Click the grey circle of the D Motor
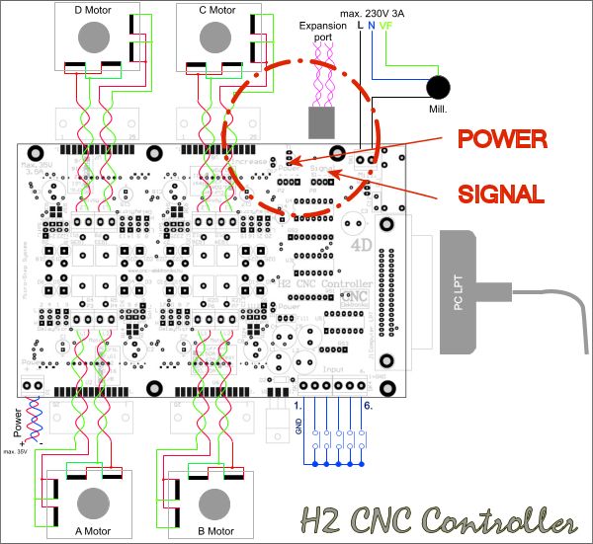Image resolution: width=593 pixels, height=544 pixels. point(94,37)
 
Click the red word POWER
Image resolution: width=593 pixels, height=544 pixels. point(501,139)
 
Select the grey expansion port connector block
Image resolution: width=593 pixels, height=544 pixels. point(323,121)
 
